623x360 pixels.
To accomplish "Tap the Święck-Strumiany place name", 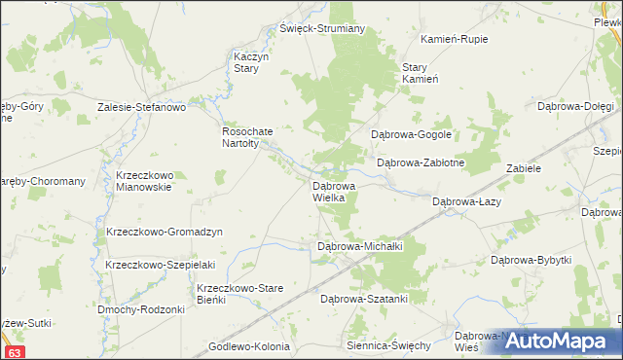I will click(x=321, y=28).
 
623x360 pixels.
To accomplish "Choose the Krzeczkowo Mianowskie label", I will click(x=143, y=181).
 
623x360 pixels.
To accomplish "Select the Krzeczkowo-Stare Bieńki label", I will click(x=240, y=294).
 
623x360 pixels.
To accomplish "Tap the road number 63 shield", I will click(x=14, y=351).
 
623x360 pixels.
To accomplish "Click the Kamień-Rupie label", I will click(x=454, y=39).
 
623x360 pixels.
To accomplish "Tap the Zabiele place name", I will click(x=523, y=168).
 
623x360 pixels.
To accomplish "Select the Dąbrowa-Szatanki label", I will click(x=363, y=299).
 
